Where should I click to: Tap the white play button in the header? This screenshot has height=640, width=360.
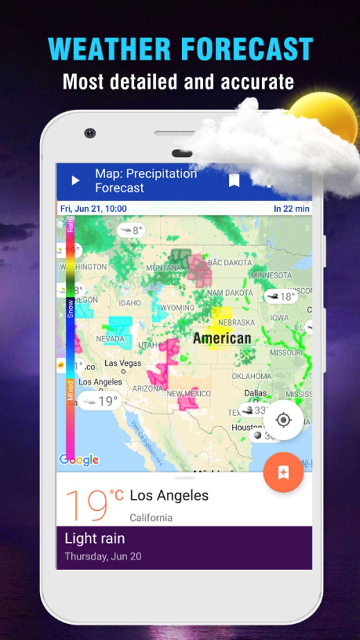75,181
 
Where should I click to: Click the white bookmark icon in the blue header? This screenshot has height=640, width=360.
234,181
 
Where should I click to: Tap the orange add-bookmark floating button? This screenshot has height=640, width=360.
283,472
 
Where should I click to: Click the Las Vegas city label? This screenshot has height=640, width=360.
123,363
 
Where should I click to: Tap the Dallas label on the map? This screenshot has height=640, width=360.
255,393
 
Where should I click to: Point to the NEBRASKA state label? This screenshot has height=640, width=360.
237,322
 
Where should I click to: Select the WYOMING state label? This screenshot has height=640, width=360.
177,308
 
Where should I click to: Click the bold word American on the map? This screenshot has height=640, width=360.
222,338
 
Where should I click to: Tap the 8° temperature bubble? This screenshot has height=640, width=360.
131,230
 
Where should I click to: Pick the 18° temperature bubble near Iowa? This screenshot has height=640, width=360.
281,296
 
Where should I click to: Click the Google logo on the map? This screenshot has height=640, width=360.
79,460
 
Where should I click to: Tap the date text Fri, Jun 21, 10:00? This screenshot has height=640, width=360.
93,209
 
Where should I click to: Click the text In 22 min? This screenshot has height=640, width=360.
291,209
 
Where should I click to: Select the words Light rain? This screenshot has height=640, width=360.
95,538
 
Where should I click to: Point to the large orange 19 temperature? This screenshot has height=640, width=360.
87,505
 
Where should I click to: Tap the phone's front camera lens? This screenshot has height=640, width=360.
90,133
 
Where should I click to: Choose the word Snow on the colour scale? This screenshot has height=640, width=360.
70,309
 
